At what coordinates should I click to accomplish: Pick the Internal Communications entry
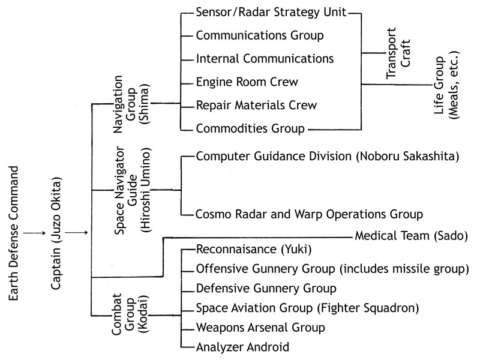pos(265,59)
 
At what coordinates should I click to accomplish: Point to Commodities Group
pos(250,128)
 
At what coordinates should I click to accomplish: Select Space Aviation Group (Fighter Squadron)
pos(307,308)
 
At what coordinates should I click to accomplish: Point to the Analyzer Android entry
pos(242,347)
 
